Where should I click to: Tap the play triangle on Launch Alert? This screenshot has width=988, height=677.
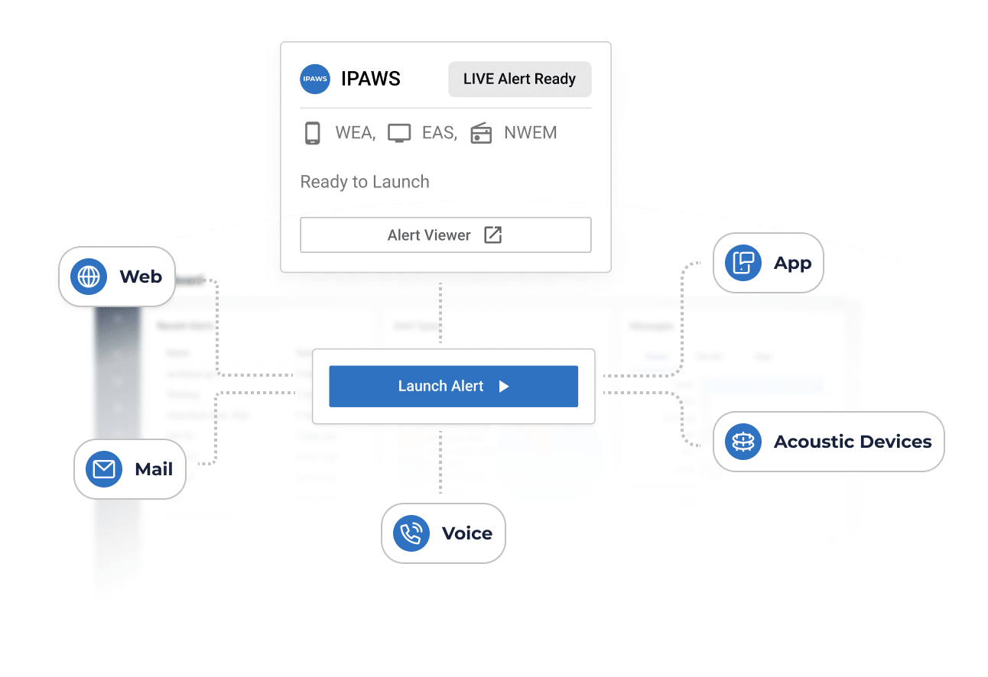504,387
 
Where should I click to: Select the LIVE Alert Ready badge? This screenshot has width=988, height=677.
519,79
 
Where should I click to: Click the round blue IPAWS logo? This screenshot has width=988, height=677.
315,79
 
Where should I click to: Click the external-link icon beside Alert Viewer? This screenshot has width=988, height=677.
493,235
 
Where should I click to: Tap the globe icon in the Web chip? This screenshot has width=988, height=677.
89,277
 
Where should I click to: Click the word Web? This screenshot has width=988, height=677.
141,277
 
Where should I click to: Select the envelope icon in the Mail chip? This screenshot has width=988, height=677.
104,469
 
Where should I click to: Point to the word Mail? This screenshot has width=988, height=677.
154,469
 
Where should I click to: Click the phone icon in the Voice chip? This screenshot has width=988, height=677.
411,533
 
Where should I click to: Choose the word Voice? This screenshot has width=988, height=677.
467,533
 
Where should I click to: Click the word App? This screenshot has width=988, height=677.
792,264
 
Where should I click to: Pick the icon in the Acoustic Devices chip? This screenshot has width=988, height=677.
743,442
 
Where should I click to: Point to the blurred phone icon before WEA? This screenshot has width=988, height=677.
312,134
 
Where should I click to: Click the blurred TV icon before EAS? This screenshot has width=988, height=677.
399,134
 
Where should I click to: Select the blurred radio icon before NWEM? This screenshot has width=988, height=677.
481,134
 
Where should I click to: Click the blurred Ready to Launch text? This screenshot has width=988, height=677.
366,182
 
